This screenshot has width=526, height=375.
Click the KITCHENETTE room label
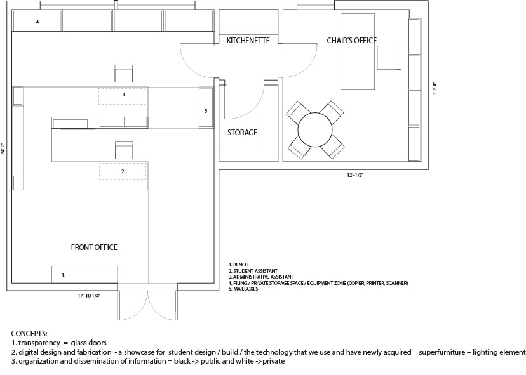248,41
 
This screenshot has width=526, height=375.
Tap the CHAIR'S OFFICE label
351,41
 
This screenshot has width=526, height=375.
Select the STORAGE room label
242,133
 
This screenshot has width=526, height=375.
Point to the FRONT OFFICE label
94,247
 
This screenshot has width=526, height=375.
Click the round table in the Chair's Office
316,129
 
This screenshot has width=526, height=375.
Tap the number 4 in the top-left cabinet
37,22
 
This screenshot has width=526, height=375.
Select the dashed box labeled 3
122,96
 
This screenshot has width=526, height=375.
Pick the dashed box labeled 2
122,171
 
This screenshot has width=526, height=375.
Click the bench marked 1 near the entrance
84,275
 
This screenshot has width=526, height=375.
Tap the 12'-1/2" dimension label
353,174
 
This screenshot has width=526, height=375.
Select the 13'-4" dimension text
433,88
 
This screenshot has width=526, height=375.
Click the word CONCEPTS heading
29,333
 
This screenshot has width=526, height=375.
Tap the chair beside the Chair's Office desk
389,58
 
